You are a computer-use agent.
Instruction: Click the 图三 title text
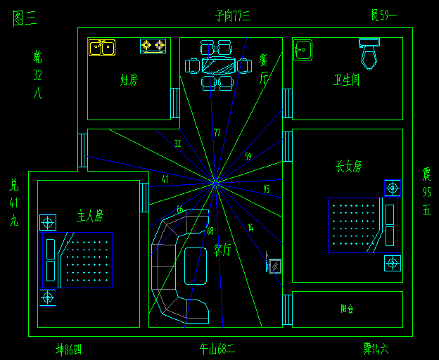pyautogui.click(x=25, y=18)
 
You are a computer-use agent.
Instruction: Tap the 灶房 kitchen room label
pyautogui.click(x=129, y=79)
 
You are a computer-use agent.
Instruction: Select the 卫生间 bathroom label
pyautogui.click(x=347, y=79)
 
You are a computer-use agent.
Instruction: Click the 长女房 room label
pyautogui.click(x=348, y=167)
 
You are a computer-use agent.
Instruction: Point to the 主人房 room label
pyautogui.click(x=90, y=215)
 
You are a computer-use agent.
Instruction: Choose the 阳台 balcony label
pyautogui.click(x=347, y=308)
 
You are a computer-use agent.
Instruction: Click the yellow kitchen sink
pyautogui.click(x=101, y=47)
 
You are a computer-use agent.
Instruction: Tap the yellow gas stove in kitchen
pyautogui.click(x=153, y=46)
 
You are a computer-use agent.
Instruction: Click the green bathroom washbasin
pyautogui.click(x=303, y=50)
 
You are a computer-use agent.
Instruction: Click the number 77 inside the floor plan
pyautogui.click(x=217, y=132)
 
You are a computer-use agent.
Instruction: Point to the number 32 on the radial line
pyautogui.click(x=177, y=143)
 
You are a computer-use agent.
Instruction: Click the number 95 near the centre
pyautogui.click(x=266, y=189)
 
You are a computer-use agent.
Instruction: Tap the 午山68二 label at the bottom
pyautogui.click(x=217, y=348)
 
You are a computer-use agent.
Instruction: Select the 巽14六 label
pyautogui.click(x=376, y=348)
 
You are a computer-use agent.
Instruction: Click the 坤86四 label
pyautogui.click(x=69, y=348)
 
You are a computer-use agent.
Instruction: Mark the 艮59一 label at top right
pyautogui.click(x=384, y=14)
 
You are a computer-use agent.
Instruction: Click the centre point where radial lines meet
pyautogui.click(x=216, y=184)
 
